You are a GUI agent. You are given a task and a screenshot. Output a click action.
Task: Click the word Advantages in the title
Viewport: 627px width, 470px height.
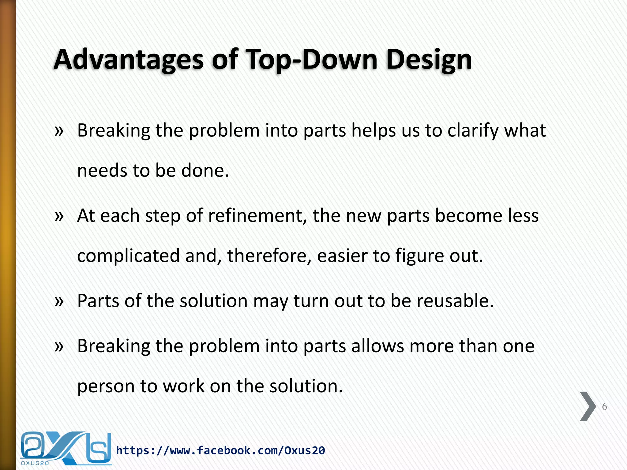click(129, 60)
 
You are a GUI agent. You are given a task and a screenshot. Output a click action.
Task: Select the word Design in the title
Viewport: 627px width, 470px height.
click(429, 60)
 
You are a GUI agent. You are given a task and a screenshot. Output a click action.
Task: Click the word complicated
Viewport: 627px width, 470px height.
click(128, 256)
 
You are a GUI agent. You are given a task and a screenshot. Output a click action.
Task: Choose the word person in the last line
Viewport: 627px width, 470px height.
click(106, 386)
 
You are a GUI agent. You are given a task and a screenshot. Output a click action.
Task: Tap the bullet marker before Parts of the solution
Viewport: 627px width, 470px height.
click(59, 301)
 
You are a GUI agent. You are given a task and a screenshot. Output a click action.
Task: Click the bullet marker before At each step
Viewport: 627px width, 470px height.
click(59, 216)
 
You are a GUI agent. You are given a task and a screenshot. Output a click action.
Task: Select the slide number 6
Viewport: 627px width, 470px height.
click(604, 407)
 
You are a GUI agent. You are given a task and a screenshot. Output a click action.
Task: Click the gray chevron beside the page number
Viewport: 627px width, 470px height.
click(588, 406)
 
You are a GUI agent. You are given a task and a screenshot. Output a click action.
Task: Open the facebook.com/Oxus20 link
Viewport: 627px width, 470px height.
click(220, 450)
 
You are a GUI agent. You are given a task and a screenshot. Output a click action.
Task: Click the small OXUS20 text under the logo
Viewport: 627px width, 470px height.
click(35, 463)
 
